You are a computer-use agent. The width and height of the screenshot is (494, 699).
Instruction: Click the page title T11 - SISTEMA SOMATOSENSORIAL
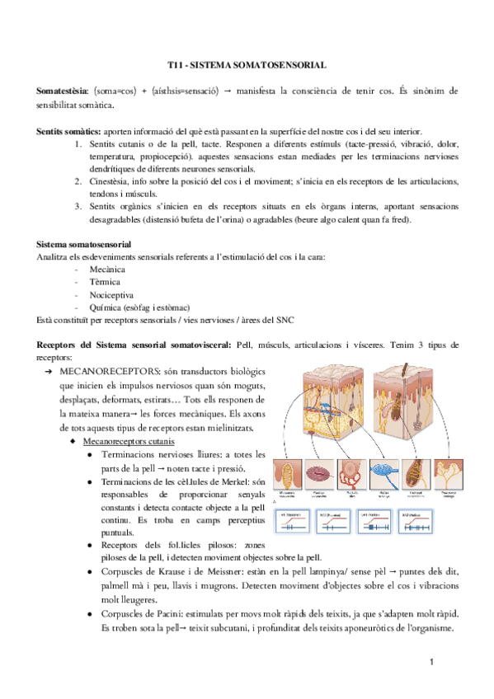pos(247,63)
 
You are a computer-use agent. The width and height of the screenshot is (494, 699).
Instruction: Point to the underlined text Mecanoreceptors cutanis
pos(128,441)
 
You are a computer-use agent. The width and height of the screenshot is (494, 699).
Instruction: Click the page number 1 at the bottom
pos(431,663)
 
